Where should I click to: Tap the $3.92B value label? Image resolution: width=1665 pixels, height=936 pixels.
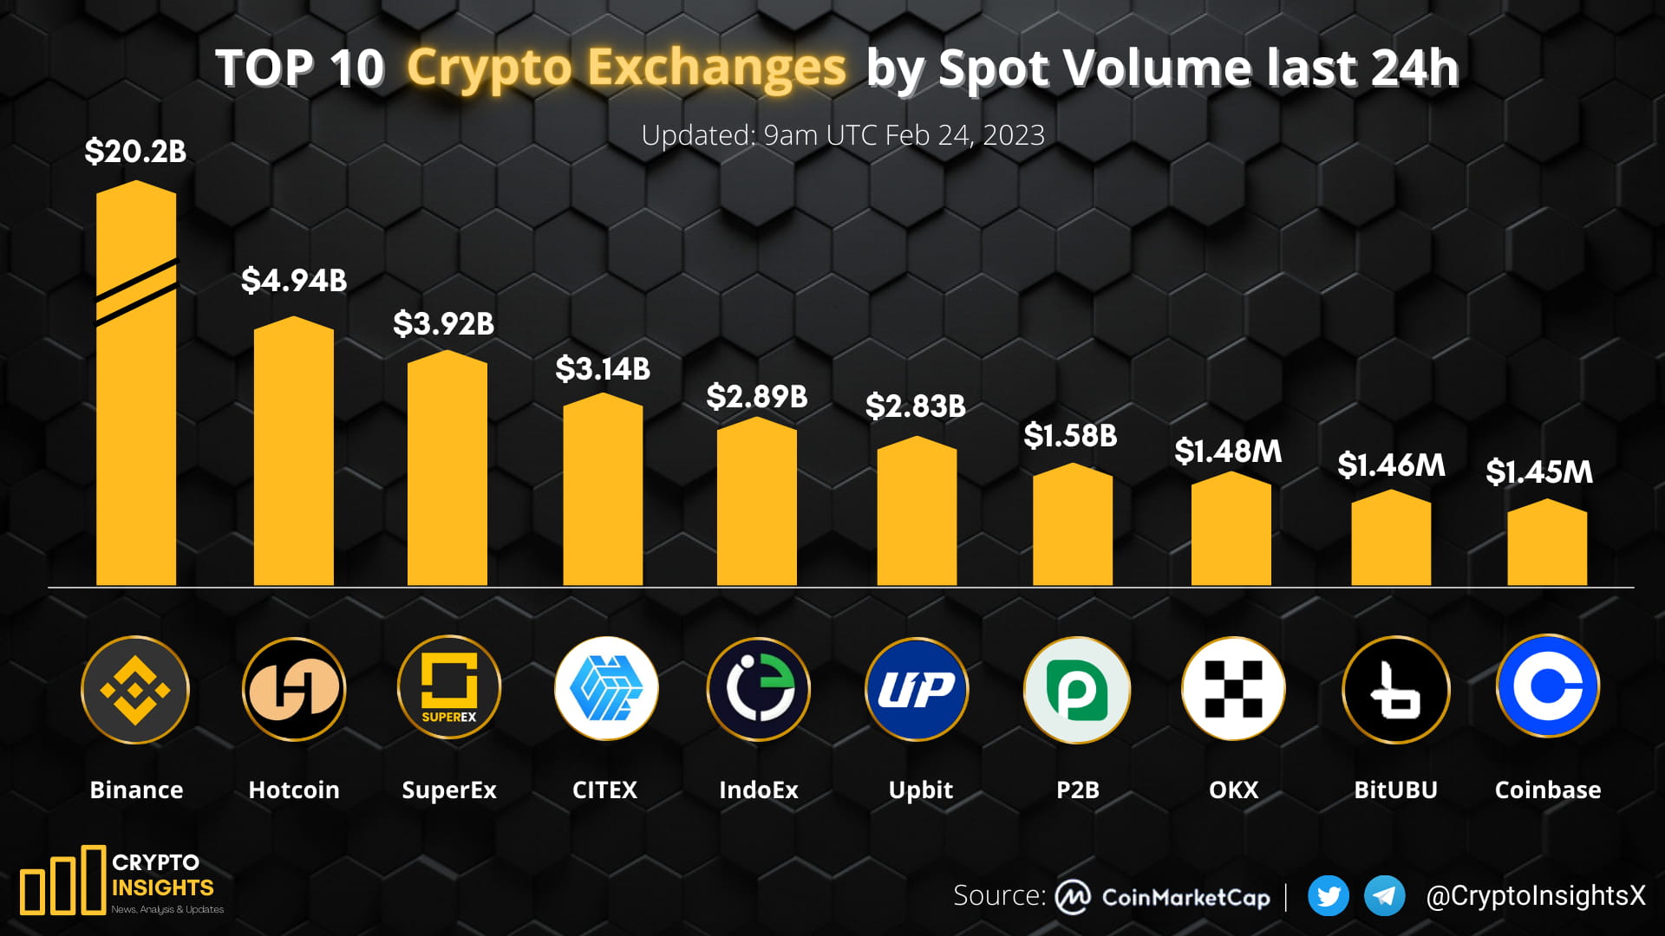(x=443, y=324)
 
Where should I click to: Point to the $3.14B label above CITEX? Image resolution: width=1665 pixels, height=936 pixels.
(x=603, y=369)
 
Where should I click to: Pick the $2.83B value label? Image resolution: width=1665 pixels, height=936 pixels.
(x=916, y=406)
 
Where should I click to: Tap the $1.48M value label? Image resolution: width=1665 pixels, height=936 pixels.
(x=1228, y=452)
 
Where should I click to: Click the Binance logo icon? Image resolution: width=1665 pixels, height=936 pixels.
(x=135, y=690)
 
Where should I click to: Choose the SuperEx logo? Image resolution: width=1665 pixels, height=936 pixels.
(x=449, y=689)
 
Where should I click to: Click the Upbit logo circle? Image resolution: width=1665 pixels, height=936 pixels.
(x=917, y=690)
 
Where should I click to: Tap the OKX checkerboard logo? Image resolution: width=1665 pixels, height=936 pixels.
(x=1233, y=690)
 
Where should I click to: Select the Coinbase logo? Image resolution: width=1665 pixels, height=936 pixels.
(x=1548, y=686)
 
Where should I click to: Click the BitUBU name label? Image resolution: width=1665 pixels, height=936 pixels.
(x=1395, y=790)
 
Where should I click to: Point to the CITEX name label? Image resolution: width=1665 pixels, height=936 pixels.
(x=604, y=790)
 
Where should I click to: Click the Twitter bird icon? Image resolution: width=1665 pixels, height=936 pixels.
(x=1328, y=896)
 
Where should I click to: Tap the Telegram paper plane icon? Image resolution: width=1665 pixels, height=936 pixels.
(x=1385, y=896)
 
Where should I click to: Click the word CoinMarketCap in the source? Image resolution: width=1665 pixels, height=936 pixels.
(x=1185, y=898)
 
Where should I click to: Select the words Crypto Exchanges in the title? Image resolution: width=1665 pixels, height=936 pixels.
(x=626, y=68)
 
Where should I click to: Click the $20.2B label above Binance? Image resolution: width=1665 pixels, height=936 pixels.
(x=135, y=152)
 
